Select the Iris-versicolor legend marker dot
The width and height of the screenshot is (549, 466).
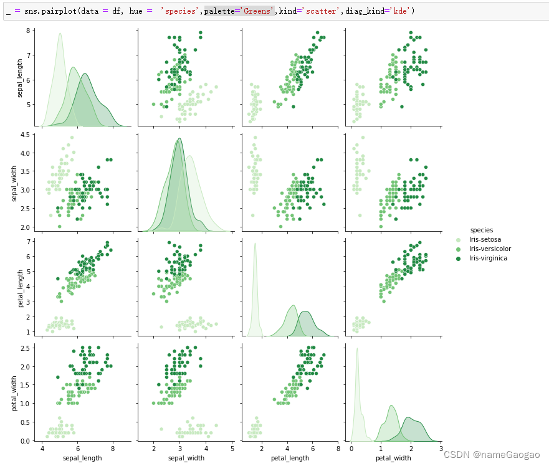[459, 249]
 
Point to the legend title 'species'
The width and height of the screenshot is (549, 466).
[482, 230]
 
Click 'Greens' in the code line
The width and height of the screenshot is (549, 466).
[255, 11]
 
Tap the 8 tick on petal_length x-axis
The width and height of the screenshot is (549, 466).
[338, 449]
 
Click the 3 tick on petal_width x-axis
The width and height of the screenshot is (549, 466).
[441, 449]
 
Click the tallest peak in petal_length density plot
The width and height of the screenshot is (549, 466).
[255, 244]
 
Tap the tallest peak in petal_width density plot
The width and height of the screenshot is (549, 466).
[357, 349]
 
